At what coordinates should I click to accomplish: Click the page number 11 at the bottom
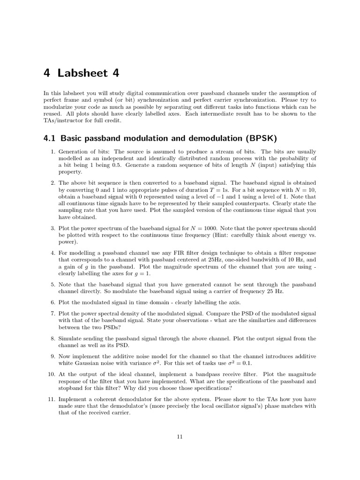(180, 437)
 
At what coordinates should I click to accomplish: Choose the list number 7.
(52, 313)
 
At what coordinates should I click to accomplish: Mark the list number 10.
(51, 374)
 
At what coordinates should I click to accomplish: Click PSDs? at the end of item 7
(116, 326)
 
